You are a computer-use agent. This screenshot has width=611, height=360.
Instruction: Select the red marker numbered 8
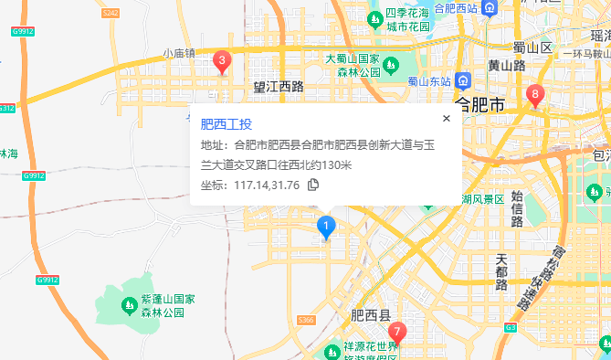click(x=536, y=93)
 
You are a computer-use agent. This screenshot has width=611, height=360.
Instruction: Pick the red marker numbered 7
click(x=395, y=333)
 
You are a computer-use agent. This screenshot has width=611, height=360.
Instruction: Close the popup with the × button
click(x=447, y=118)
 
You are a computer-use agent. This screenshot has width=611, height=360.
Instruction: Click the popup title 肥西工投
click(x=226, y=124)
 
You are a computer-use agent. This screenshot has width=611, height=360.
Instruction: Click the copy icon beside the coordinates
click(x=313, y=185)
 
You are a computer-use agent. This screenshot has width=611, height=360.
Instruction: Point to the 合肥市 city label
click(x=479, y=105)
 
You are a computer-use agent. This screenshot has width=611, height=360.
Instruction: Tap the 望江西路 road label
click(x=279, y=88)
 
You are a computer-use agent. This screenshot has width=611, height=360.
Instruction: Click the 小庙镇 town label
click(x=179, y=54)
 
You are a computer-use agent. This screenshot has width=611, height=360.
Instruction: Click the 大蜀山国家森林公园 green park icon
click(x=390, y=65)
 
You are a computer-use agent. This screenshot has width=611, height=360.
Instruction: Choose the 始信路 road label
click(x=517, y=208)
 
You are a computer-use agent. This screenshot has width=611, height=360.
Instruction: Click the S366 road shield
click(x=306, y=320)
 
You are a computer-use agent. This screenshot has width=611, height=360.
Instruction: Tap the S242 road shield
click(x=111, y=13)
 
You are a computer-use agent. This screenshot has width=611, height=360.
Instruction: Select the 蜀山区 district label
click(x=534, y=48)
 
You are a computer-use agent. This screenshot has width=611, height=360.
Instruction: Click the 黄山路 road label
click(x=506, y=66)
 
